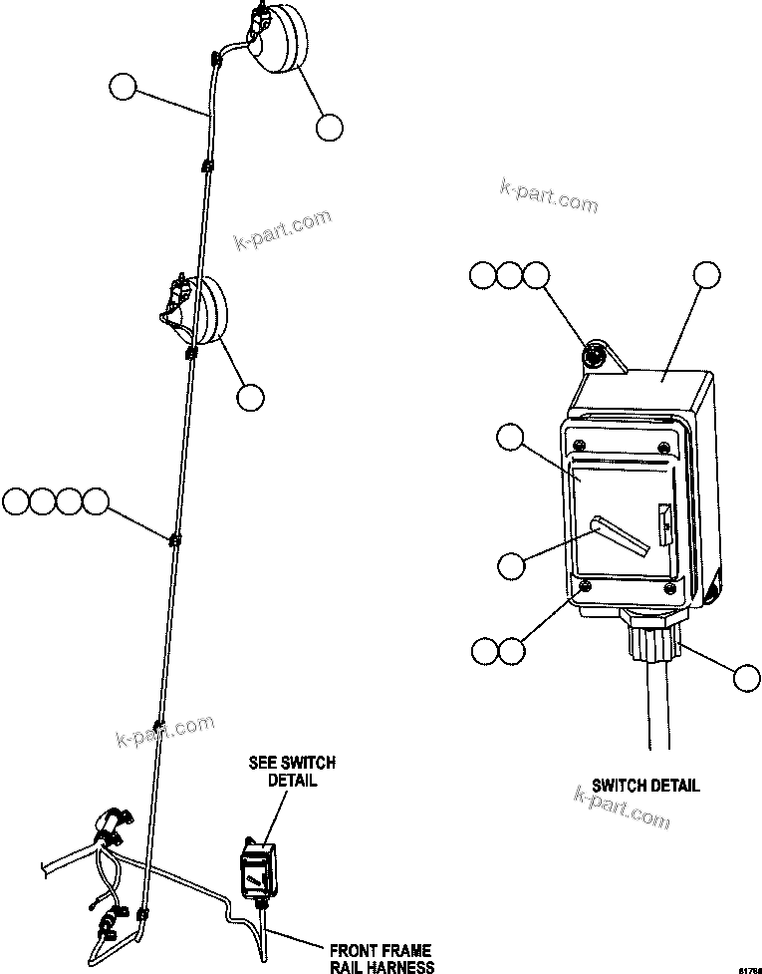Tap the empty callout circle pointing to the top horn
(x=329, y=127)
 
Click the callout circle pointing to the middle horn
(x=250, y=397)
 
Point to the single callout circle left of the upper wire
(x=123, y=88)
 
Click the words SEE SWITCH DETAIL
(x=292, y=771)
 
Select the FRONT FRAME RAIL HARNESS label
(x=383, y=959)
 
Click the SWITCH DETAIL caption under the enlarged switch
(x=645, y=786)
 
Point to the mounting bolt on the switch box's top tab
(x=596, y=353)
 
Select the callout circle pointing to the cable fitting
(x=745, y=678)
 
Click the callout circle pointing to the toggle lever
(x=511, y=564)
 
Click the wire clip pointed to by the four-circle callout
(x=174, y=539)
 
